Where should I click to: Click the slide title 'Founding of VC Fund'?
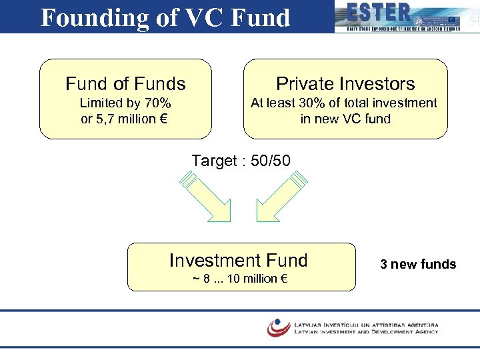pos(165,17)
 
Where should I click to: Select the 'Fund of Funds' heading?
pos(125,84)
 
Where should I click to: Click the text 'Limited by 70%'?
pos(125,103)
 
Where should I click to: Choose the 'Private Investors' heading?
pos(345,84)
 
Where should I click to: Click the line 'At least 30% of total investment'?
pos(344,103)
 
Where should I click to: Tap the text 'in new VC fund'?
pos(345,119)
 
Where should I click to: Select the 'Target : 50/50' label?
pos(241,161)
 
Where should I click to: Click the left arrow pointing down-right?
pos(207,197)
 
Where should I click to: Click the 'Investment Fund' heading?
pos(239,260)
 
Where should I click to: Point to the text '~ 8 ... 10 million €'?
pos(240,278)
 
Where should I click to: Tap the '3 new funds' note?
pos(418,265)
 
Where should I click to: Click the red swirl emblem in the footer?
pos(278,327)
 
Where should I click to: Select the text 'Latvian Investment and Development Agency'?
pos(366,331)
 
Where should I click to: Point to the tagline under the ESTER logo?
pos(403,29)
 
